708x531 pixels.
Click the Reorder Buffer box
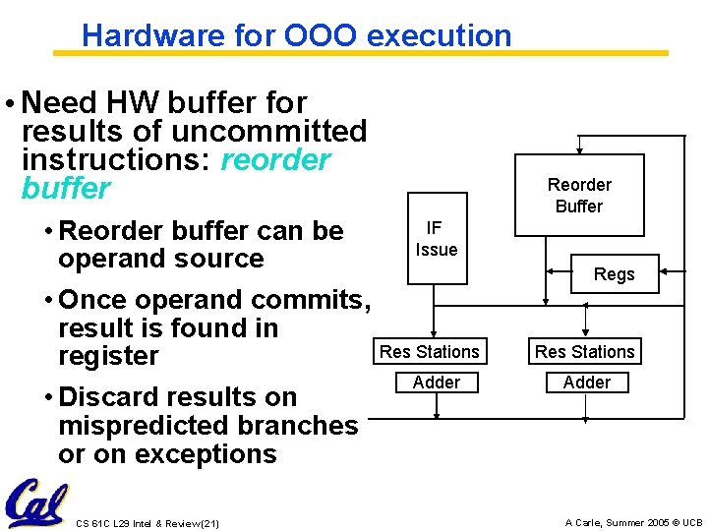pos(579,195)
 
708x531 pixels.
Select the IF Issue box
pos(437,239)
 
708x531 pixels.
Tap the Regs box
pos(614,274)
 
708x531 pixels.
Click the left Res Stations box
pos(430,351)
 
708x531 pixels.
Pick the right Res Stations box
pos(585,351)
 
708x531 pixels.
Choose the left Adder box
pos(437,382)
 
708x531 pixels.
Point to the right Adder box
pos(587,382)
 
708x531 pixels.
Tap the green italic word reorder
pos(276,159)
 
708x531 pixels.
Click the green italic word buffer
pos(66,188)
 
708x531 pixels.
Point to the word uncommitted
pos(256,131)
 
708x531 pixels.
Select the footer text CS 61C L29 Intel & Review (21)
pos(147,523)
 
